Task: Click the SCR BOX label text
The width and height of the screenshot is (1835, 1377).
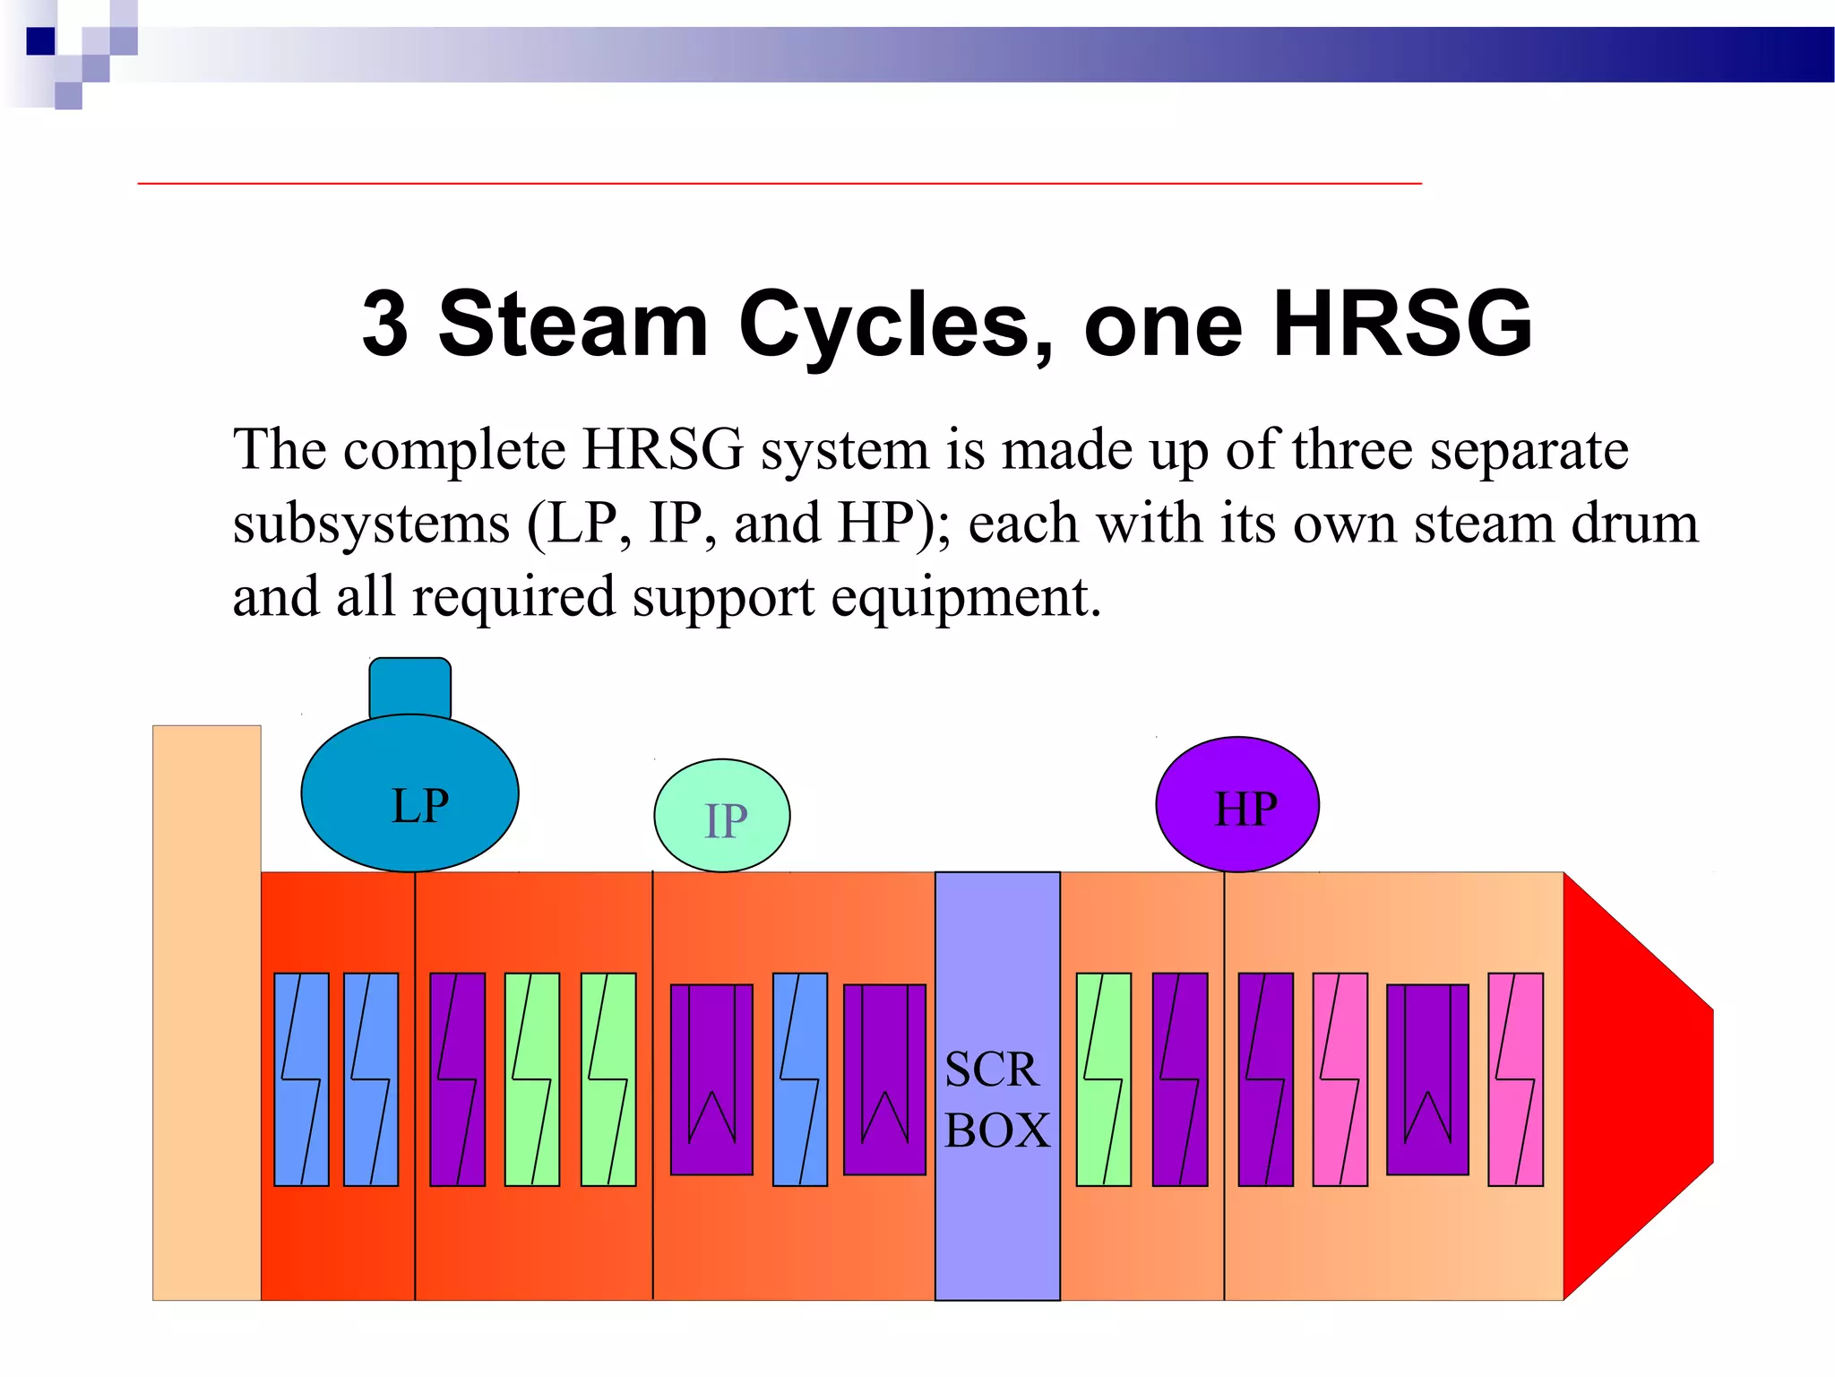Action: [996, 1100]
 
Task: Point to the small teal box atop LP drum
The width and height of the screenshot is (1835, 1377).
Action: [410, 688]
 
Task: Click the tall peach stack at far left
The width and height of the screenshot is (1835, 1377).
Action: [206, 1012]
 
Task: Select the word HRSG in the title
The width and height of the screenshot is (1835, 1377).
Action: [1402, 325]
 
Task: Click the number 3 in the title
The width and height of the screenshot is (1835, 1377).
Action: [385, 325]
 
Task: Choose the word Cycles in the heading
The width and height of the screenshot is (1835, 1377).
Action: [896, 325]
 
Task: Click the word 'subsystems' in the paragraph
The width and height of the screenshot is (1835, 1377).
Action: [371, 524]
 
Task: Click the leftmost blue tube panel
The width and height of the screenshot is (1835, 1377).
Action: [301, 1079]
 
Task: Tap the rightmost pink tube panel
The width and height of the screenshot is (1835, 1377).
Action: [1515, 1079]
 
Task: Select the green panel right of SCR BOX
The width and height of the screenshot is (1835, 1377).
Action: [1103, 1079]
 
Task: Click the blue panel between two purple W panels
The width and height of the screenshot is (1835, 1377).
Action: [799, 1079]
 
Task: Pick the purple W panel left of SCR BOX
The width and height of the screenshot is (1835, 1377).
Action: [884, 1079]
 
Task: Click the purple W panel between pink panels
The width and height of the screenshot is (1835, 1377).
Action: [1427, 1079]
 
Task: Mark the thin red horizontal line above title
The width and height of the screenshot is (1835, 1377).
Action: [780, 184]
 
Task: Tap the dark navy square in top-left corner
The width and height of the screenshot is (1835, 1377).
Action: [40, 41]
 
